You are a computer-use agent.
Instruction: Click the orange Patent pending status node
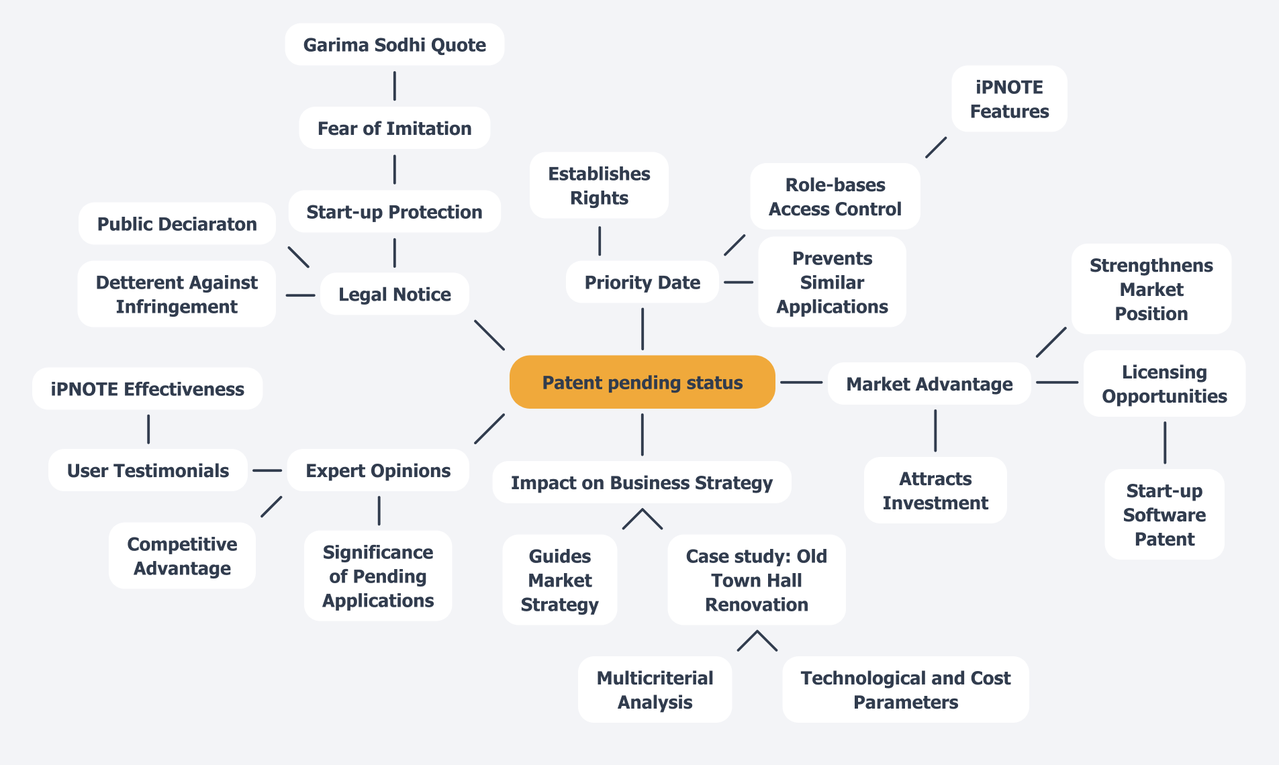(x=642, y=382)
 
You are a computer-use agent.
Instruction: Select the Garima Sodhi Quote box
(x=394, y=45)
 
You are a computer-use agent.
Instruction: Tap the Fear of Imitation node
(x=394, y=128)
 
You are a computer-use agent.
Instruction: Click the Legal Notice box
(x=394, y=294)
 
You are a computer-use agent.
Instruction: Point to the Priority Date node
(x=642, y=283)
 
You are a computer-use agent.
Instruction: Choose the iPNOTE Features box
(x=1009, y=99)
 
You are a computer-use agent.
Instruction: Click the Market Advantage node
(x=929, y=384)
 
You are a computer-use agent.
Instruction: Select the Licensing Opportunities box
(x=1164, y=384)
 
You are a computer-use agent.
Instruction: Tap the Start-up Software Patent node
(x=1164, y=515)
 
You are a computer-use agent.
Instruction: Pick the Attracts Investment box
(x=935, y=491)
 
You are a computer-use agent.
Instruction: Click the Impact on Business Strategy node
(x=641, y=482)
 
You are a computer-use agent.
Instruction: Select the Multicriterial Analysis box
(x=655, y=690)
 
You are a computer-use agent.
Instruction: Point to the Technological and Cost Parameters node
(x=905, y=690)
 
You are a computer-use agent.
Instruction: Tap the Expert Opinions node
(x=378, y=470)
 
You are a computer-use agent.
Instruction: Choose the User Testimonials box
(x=148, y=470)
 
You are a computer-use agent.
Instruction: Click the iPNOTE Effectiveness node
(x=147, y=389)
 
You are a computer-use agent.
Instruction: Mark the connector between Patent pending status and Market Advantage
(x=801, y=382)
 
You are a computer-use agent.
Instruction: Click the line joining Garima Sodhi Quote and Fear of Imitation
(x=394, y=86)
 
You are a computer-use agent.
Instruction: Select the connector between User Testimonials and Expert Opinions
(x=267, y=470)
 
